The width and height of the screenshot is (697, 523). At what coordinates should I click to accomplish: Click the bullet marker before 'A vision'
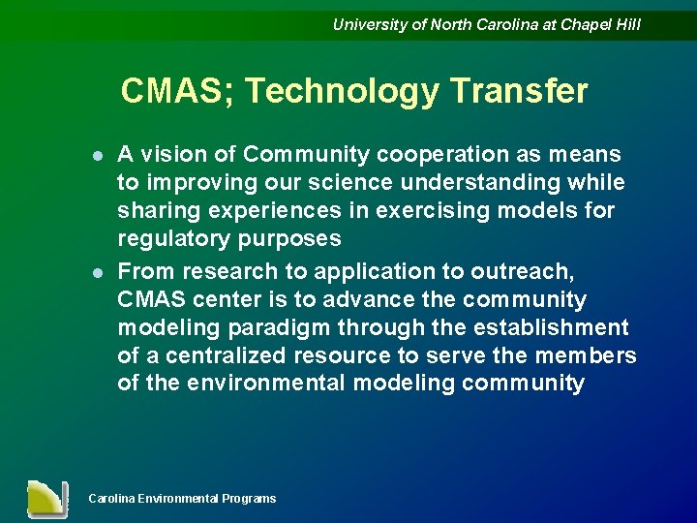coord(97,156)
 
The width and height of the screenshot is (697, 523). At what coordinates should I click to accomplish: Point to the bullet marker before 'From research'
coord(97,272)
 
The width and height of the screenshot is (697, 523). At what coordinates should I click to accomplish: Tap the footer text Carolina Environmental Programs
coord(182,499)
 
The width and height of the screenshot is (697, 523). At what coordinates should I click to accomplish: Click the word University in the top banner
coord(370,25)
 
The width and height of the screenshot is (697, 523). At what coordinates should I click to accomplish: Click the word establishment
coord(548,328)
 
